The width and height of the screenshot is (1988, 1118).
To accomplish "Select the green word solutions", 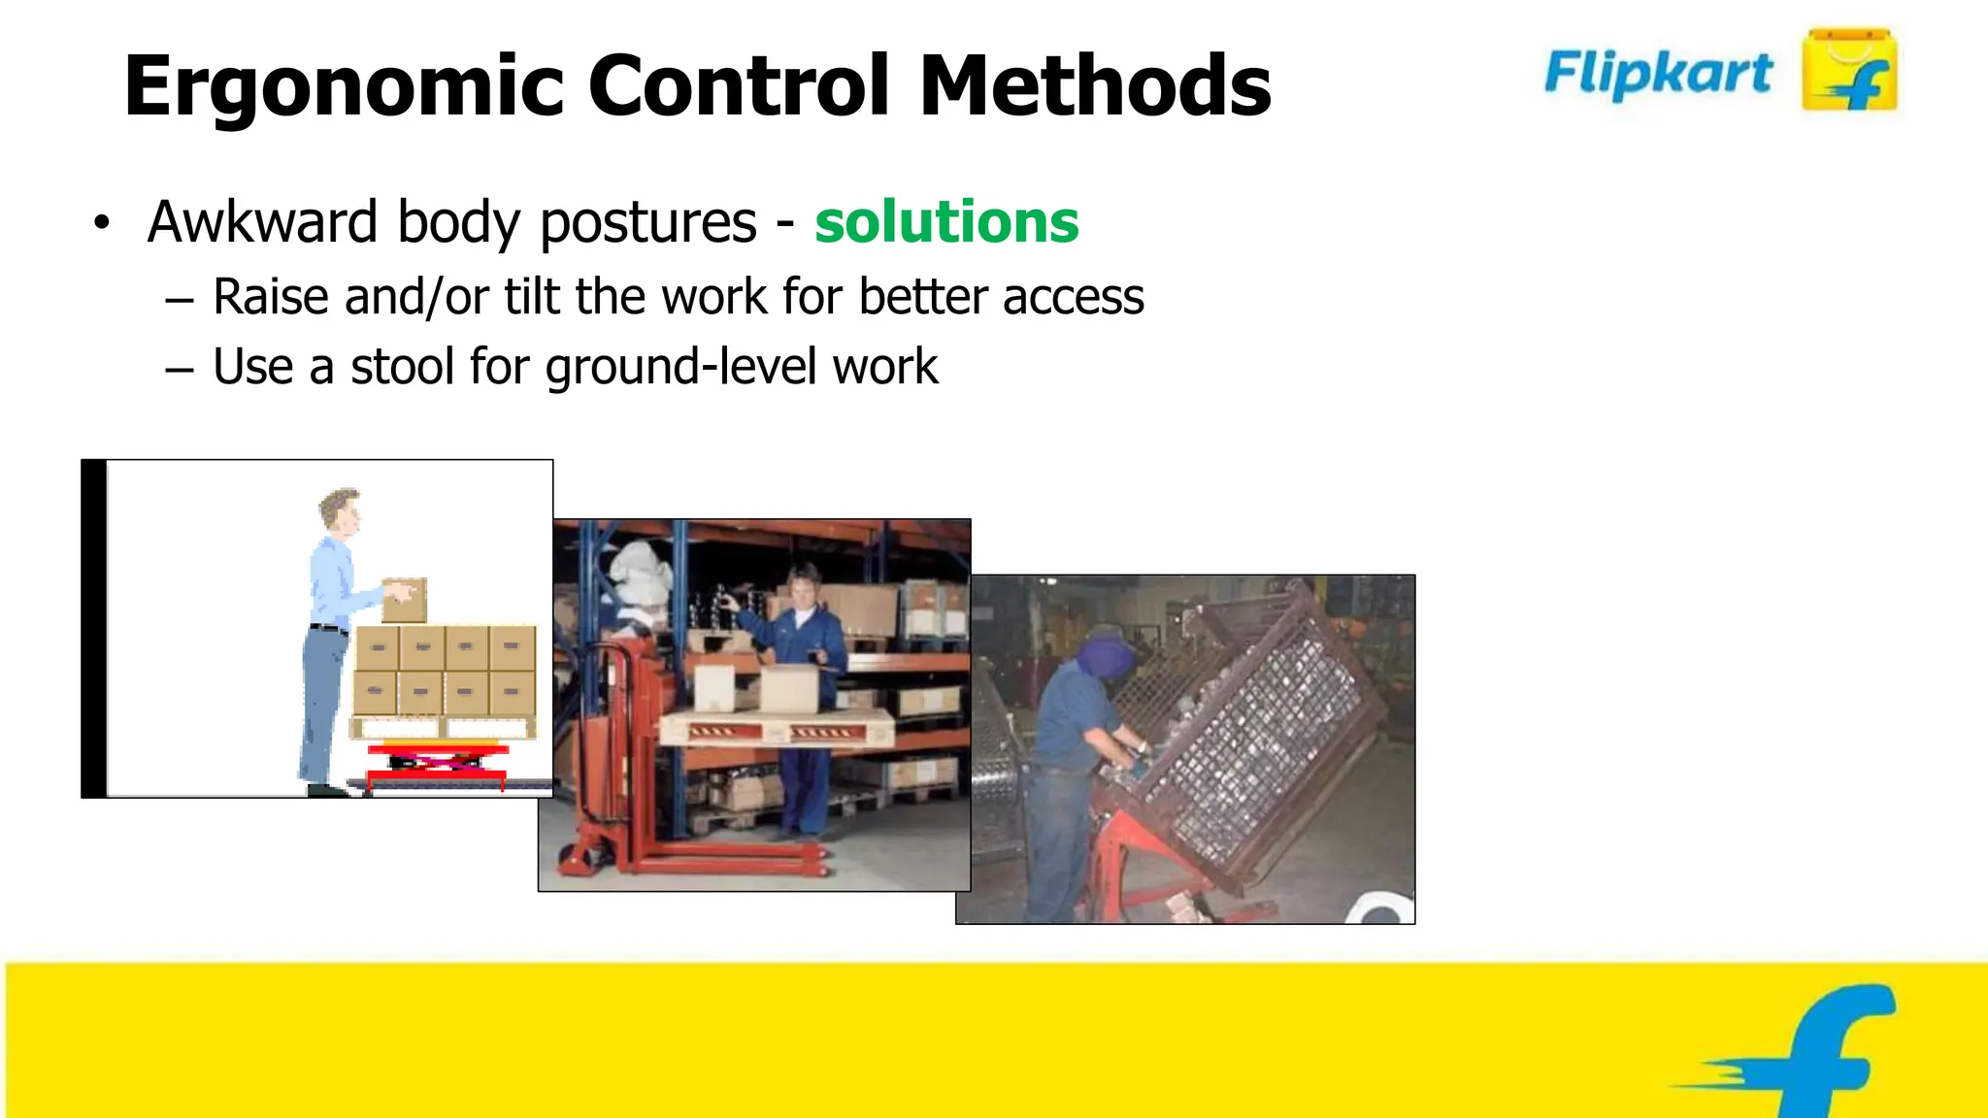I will [x=946, y=221].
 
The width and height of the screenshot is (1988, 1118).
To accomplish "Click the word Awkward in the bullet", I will [x=262, y=221].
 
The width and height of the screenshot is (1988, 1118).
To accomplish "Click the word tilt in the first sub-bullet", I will [x=532, y=296].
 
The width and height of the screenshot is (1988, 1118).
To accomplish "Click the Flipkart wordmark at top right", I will [x=1658, y=74].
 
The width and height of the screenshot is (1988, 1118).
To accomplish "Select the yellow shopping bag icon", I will [x=1848, y=71].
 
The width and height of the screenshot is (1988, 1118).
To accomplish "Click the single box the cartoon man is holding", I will [x=405, y=600].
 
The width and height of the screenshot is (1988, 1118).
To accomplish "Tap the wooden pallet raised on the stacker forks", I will [x=777, y=724].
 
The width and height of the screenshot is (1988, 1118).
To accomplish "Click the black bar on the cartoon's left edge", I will [x=94, y=629].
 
